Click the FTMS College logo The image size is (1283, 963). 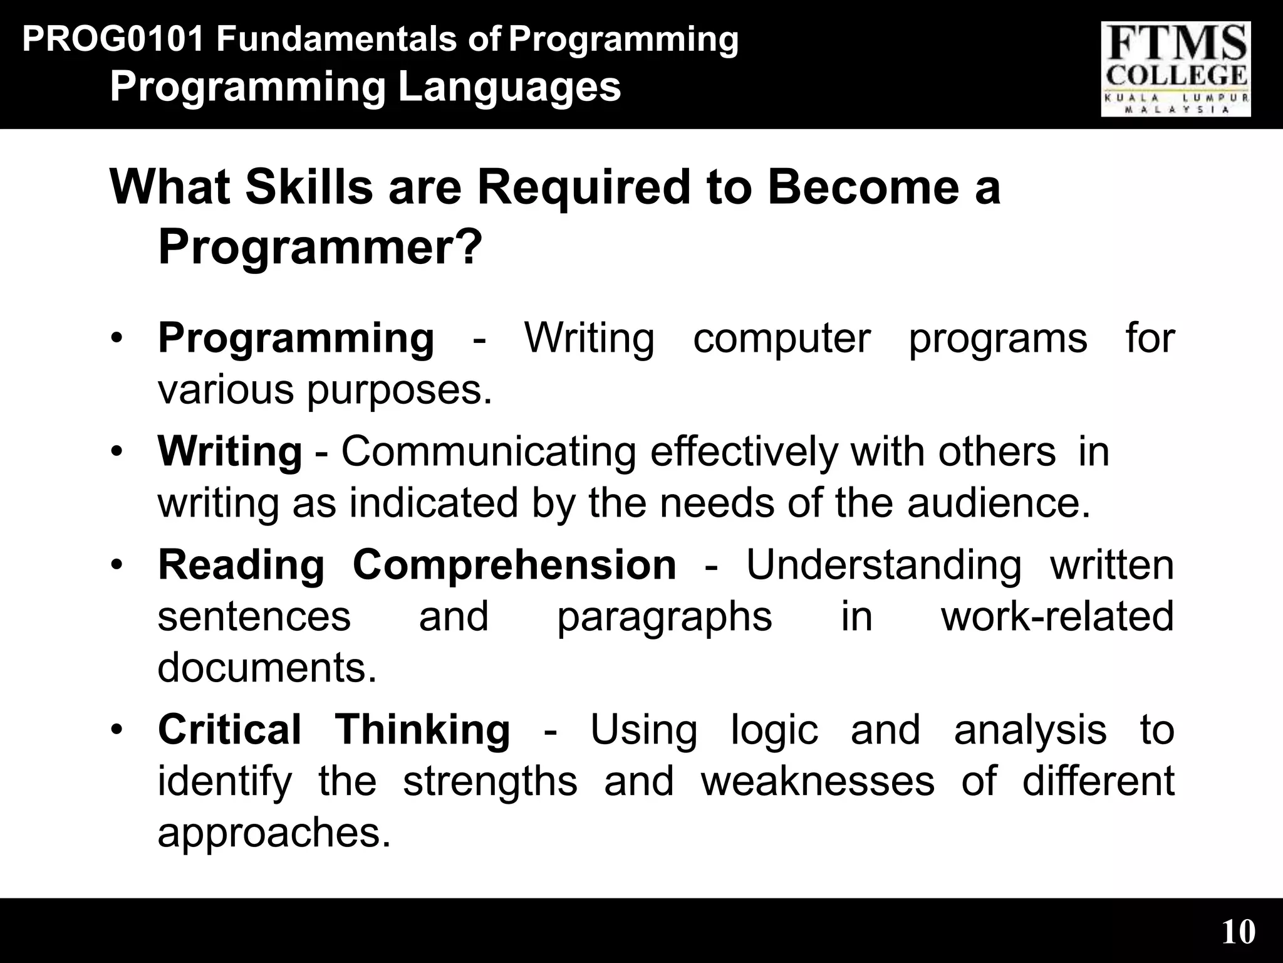[1176, 69]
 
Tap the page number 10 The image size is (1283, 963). [1239, 932]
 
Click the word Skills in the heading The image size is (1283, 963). [309, 187]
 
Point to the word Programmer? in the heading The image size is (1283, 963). [320, 247]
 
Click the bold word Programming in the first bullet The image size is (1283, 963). [296, 339]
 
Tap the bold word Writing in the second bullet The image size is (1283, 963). [230, 451]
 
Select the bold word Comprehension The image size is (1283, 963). [514, 565]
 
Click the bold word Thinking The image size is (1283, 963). [423, 730]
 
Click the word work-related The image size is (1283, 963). [1057, 616]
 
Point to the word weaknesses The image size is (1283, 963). [818, 781]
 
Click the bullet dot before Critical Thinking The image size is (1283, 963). [115, 730]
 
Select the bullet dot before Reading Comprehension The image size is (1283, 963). [115, 566]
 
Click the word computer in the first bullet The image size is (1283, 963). [782, 339]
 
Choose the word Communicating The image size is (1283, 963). [489, 451]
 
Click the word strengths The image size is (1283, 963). [490, 781]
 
